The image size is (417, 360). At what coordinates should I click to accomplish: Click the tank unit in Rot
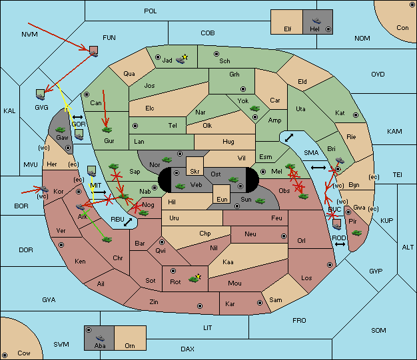(194, 279)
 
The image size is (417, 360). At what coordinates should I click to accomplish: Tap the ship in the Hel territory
(316, 21)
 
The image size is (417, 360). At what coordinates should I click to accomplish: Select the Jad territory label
(167, 61)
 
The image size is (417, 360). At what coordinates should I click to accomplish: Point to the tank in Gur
(107, 130)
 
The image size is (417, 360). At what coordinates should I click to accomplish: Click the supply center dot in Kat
(356, 115)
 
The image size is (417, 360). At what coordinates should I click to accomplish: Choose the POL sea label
(151, 11)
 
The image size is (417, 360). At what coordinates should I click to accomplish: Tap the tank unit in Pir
(356, 233)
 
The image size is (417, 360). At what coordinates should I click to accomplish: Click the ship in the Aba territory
(101, 338)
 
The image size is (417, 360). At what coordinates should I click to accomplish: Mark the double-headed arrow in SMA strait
(318, 168)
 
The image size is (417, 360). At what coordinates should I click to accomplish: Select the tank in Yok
(254, 108)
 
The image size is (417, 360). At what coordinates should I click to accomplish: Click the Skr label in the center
(195, 172)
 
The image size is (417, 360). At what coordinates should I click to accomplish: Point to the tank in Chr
(107, 240)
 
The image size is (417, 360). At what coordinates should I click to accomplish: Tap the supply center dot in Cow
(5, 355)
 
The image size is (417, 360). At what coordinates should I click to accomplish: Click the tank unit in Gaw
(61, 130)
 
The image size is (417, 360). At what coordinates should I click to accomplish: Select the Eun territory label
(222, 199)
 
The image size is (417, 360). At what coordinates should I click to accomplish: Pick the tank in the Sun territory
(260, 201)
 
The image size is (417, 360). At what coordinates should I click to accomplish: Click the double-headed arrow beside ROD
(340, 244)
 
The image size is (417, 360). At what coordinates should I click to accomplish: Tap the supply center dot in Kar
(260, 303)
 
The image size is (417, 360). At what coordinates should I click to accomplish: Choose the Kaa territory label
(228, 262)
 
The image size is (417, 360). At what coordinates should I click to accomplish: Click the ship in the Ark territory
(81, 207)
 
